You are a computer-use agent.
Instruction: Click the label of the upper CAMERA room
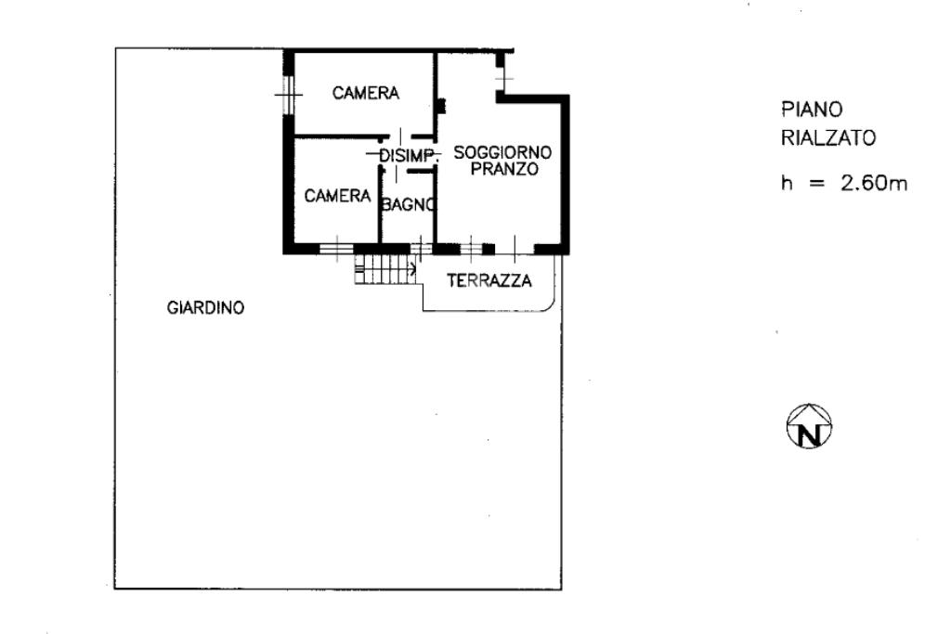[366, 93]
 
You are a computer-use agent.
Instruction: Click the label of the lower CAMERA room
[338, 196]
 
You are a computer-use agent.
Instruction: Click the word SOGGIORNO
[502, 152]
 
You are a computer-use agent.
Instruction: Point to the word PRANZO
[504, 169]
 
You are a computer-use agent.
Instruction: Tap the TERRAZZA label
[489, 280]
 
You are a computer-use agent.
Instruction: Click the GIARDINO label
[205, 308]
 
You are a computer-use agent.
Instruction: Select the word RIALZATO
[827, 138]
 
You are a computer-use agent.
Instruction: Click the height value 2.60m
[874, 183]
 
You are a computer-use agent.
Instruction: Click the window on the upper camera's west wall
[288, 93]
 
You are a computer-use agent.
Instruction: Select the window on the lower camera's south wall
[335, 248]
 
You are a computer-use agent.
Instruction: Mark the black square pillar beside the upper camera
[440, 106]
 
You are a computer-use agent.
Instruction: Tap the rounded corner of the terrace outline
[552, 303]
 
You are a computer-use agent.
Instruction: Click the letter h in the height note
[787, 183]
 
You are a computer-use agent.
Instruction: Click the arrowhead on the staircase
[412, 270]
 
